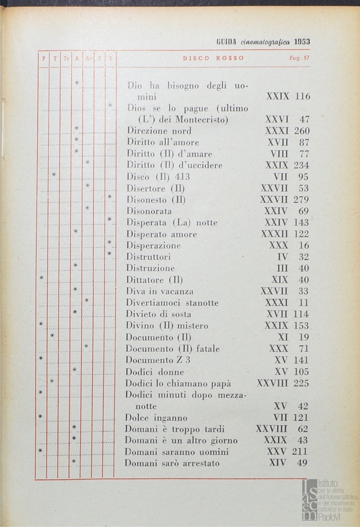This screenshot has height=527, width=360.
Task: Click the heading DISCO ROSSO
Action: click(x=214, y=58)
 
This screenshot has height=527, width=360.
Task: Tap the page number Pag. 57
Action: click(x=299, y=58)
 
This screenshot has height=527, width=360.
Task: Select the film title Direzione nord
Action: click(x=159, y=131)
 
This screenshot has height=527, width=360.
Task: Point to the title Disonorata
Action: click(x=149, y=211)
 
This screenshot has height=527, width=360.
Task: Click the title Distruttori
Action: click(x=148, y=257)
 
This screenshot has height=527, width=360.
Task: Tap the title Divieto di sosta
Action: click(x=159, y=314)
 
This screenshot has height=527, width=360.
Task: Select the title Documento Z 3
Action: click(x=158, y=360)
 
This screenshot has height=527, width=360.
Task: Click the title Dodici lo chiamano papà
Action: click(x=178, y=383)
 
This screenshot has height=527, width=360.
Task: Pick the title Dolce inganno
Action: click(x=156, y=418)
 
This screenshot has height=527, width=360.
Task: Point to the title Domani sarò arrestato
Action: click(x=172, y=464)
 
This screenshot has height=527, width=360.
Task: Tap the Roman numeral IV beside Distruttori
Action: click(x=282, y=257)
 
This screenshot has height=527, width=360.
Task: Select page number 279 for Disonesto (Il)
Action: click(x=301, y=200)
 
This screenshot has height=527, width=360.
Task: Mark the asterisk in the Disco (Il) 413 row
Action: click(x=54, y=174)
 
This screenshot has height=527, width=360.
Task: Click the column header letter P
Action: click(x=43, y=58)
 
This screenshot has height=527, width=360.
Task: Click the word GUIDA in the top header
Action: click(x=227, y=42)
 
